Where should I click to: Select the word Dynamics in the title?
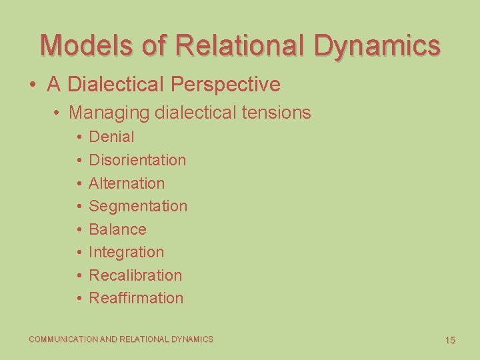(x=377, y=45)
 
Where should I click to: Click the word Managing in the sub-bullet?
(x=109, y=113)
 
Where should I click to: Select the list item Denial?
(x=111, y=137)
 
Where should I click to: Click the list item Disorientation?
(x=137, y=160)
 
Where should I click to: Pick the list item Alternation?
(x=127, y=183)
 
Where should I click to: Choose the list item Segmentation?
(x=138, y=206)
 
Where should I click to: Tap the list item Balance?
(x=117, y=229)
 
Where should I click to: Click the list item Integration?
(x=126, y=252)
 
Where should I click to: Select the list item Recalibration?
(x=135, y=275)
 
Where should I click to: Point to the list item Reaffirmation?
(x=136, y=298)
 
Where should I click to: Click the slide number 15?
(x=450, y=340)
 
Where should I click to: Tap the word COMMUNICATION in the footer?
(x=63, y=339)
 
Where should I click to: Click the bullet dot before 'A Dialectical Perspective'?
(x=33, y=85)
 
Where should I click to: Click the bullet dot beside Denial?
(x=78, y=137)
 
